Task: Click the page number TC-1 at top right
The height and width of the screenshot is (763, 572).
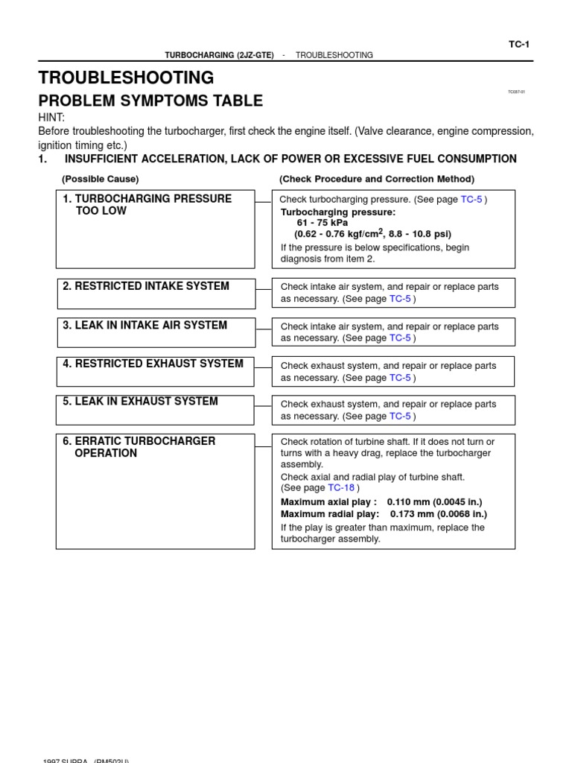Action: [518, 45]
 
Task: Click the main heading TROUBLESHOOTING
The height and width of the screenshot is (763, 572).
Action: [126, 77]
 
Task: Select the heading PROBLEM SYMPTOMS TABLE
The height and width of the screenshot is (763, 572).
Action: [150, 101]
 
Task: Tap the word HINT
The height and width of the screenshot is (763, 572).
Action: [51, 118]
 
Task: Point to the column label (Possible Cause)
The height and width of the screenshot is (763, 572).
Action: [100, 179]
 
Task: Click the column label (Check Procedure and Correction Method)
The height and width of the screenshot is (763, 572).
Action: [376, 179]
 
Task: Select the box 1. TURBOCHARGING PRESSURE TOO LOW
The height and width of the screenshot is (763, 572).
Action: [155, 229]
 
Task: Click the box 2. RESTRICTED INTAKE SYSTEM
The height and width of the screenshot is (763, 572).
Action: [155, 294]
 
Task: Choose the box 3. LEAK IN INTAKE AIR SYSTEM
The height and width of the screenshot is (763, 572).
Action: [155, 332]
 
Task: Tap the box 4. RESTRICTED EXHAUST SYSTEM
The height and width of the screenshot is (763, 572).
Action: [155, 371]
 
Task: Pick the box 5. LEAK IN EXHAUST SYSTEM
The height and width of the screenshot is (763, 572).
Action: [155, 410]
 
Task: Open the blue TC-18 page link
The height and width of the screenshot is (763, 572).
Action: [341, 488]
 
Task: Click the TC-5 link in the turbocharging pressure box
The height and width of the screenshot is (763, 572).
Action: [471, 200]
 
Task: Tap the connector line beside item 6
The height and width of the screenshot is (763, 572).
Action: [264, 446]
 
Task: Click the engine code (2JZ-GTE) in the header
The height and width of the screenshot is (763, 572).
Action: [255, 55]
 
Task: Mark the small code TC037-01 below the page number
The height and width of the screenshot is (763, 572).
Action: [516, 92]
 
